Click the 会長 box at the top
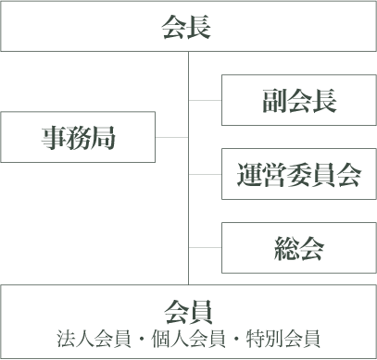point(188,26)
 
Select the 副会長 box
point(297,100)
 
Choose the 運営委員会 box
point(297,174)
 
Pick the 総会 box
point(297,248)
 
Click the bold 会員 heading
point(188,309)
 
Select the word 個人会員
point(188,336)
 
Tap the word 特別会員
point(287,336)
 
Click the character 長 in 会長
point(200,27)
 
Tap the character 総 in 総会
point(286,248)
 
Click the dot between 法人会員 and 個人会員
point(139,337)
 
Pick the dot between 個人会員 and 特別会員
point(238,337)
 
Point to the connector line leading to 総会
point(205,248)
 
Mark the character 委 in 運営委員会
point(298,175)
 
